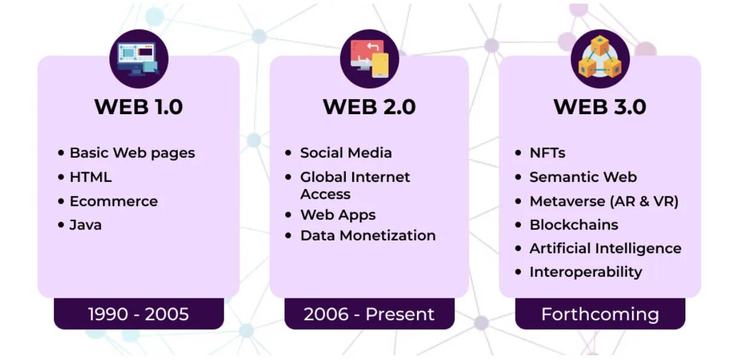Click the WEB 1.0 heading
coord(138,107)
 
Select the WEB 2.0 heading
coord(369,107)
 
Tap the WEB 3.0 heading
coord(600,107)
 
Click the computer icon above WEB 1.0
coord(138,59)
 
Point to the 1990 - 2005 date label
coord(138,314)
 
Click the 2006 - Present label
coord(369,314)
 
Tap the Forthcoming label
coord(600,314)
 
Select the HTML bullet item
coord(91,177)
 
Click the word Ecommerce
coord(114,201)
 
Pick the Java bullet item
coord(85,225)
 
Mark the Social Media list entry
coord(346,153)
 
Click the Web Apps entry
coord(338,215)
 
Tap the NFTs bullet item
coord(547,153)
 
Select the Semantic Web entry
coord(583,177)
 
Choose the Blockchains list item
coord(574,225)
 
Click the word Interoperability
coord(586,272)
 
